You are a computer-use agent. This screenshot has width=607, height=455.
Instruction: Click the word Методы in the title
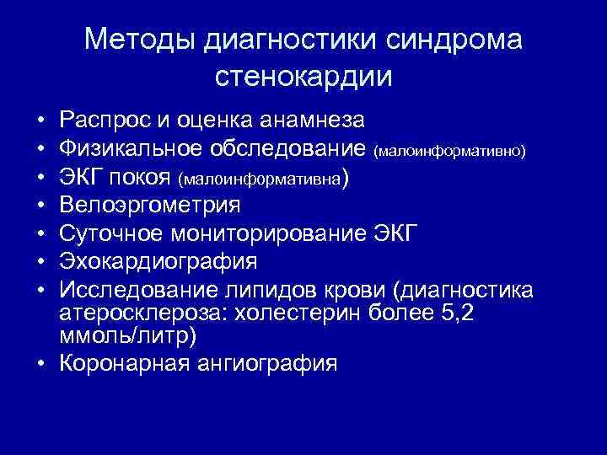click(x=135, y=40)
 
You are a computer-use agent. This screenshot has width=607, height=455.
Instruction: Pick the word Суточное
click(x=110, y=233)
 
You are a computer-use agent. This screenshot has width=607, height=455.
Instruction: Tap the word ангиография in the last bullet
click(x=277, y=363)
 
